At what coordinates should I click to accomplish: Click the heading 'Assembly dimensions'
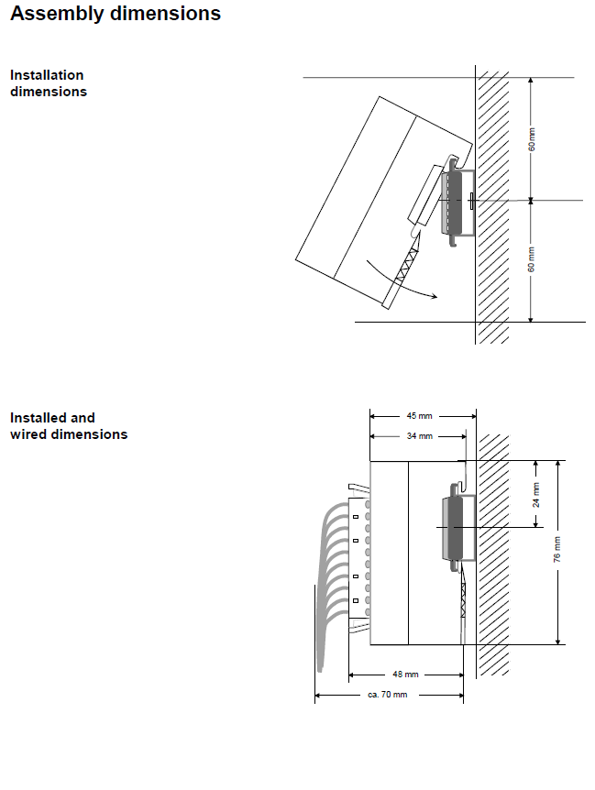(x=116, y=14)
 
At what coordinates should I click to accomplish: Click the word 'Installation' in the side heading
(x=47, y=75)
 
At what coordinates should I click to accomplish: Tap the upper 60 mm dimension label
(x=532, y=139)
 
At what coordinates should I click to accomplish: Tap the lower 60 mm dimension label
(x=532, y=259)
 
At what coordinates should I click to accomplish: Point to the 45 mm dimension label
(x=419, y=416)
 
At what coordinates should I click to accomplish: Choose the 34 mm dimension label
(x=420, y=436)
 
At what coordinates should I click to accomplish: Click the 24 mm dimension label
(x=536, y=495)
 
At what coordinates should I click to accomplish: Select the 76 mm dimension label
(x=556, y=550)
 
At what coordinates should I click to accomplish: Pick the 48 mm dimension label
(x=405, y=675)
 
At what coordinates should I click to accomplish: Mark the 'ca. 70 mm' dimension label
(x=388, y=695)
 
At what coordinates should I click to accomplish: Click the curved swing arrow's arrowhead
(x=434, y=296)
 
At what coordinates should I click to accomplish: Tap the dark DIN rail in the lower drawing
(x=455, y=528)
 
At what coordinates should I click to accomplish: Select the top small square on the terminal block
(x=356, y=517)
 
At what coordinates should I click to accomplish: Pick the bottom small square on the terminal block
(x=356, y=600)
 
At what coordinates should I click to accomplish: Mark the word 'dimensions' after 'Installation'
(x=49, y=92)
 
